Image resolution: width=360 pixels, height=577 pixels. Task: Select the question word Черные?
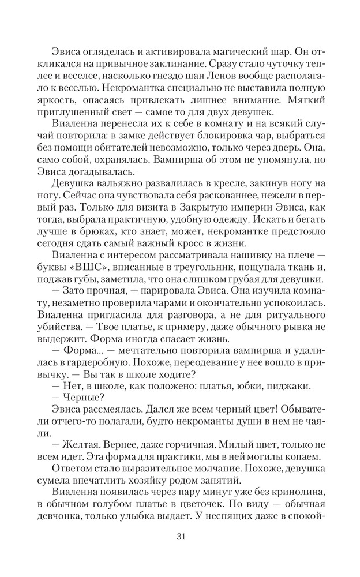pyautogui.click(x=78, y=396)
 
